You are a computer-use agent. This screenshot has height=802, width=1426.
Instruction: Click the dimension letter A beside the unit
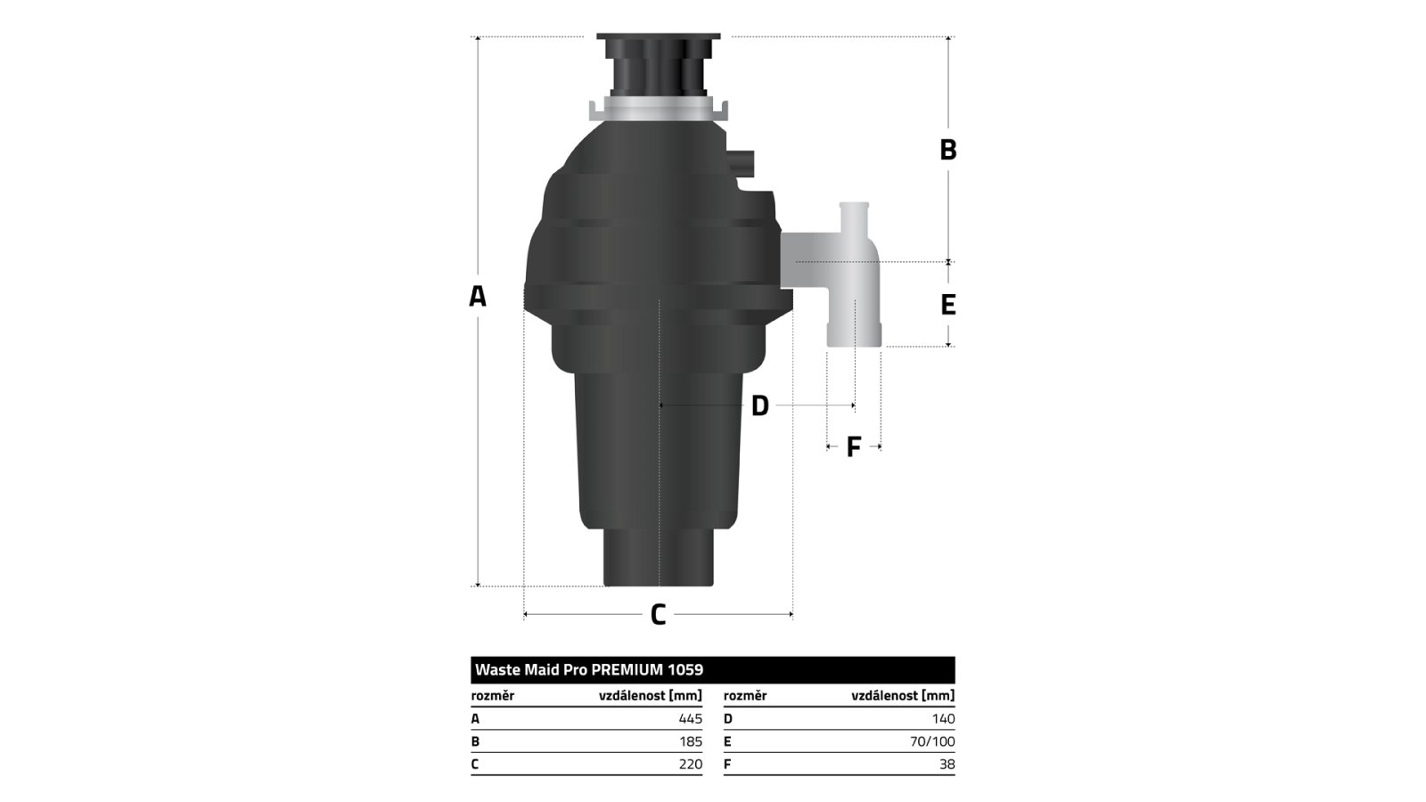478,297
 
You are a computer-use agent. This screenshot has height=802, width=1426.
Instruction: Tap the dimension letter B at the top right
948,151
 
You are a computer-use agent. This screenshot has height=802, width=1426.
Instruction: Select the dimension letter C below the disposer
659,615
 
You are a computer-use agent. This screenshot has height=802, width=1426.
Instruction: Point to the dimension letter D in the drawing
760,406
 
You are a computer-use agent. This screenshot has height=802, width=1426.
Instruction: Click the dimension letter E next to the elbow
948,305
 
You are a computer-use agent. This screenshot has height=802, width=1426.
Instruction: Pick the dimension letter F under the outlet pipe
854,447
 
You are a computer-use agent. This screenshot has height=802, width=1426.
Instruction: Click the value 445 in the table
690,719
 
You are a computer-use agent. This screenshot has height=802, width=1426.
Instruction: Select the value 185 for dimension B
691,741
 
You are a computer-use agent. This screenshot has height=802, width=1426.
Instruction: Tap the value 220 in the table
690,765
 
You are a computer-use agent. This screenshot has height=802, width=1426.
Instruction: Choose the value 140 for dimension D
944,719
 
